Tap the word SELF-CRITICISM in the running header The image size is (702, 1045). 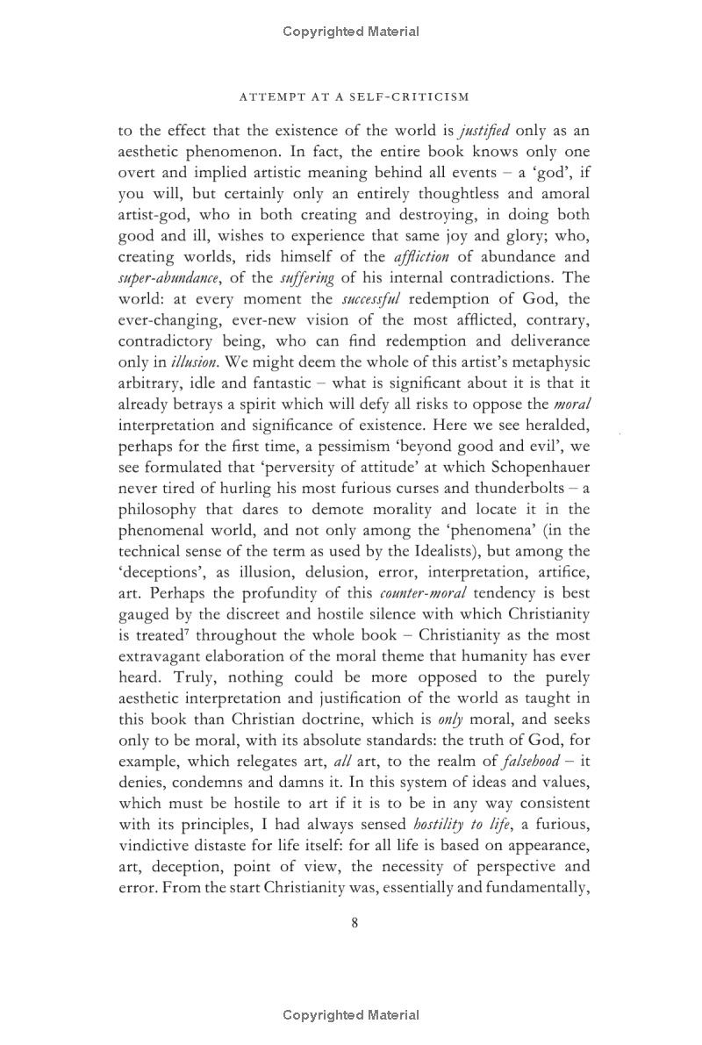(418, 97)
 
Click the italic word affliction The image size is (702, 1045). (419, 257)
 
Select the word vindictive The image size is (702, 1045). (150, 846)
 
